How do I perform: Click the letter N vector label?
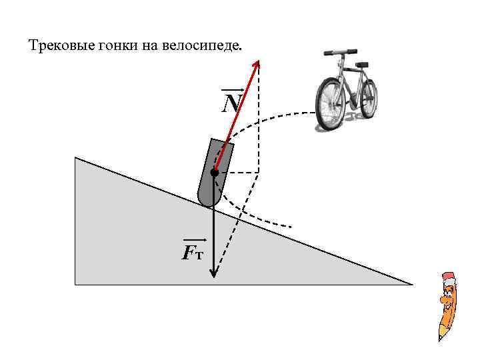[x=232, y=103]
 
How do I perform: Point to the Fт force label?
[x=193, y=252]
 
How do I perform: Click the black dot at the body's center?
[x=214, y=173]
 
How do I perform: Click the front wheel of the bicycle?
[x=329, y=104]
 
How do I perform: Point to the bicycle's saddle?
[x=362, y=64]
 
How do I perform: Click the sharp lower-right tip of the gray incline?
[x=411, y=284]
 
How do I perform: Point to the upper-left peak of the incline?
[x=76, y=158]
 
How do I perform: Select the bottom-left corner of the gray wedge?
[x=76, y=284]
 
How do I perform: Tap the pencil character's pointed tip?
[x=441, y=339]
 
